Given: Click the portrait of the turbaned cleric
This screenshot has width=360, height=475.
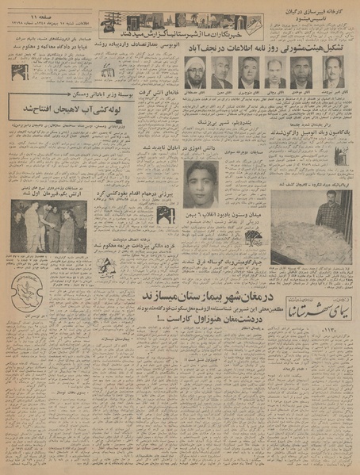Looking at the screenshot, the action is pyautogui.click(x=196, y=73).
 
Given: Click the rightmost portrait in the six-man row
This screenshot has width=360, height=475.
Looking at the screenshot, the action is pyautogui.click(x=333, y=71).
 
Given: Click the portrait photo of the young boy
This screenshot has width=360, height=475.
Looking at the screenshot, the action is pyautogui.click(x=201, y=184).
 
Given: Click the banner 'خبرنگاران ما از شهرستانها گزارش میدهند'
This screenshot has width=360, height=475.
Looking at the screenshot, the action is pyautogui.click(x=189, y=38).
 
